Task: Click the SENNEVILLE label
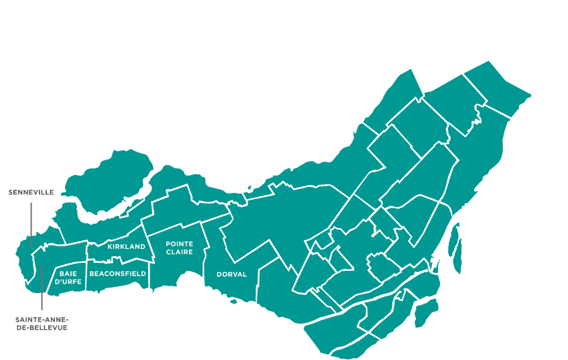click(x=31, y=192)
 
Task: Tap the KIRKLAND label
click(x=126, y=247)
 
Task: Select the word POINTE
click(x=180, y=244)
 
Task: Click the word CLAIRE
click(x=180, y=252)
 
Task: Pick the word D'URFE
click(x=68, y=282)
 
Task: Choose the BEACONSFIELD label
click(x=117, y=274)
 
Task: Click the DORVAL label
click(x=231, y=274)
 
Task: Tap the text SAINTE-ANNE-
click(x=42, y=320)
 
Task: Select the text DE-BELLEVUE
click(x=42, y=328)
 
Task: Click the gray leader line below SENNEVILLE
click(x=30, y=221)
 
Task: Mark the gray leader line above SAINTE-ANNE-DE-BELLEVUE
click(x=42, y=288)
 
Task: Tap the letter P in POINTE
click(x=168, y=244)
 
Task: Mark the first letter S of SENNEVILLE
click(x=11, y=192)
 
